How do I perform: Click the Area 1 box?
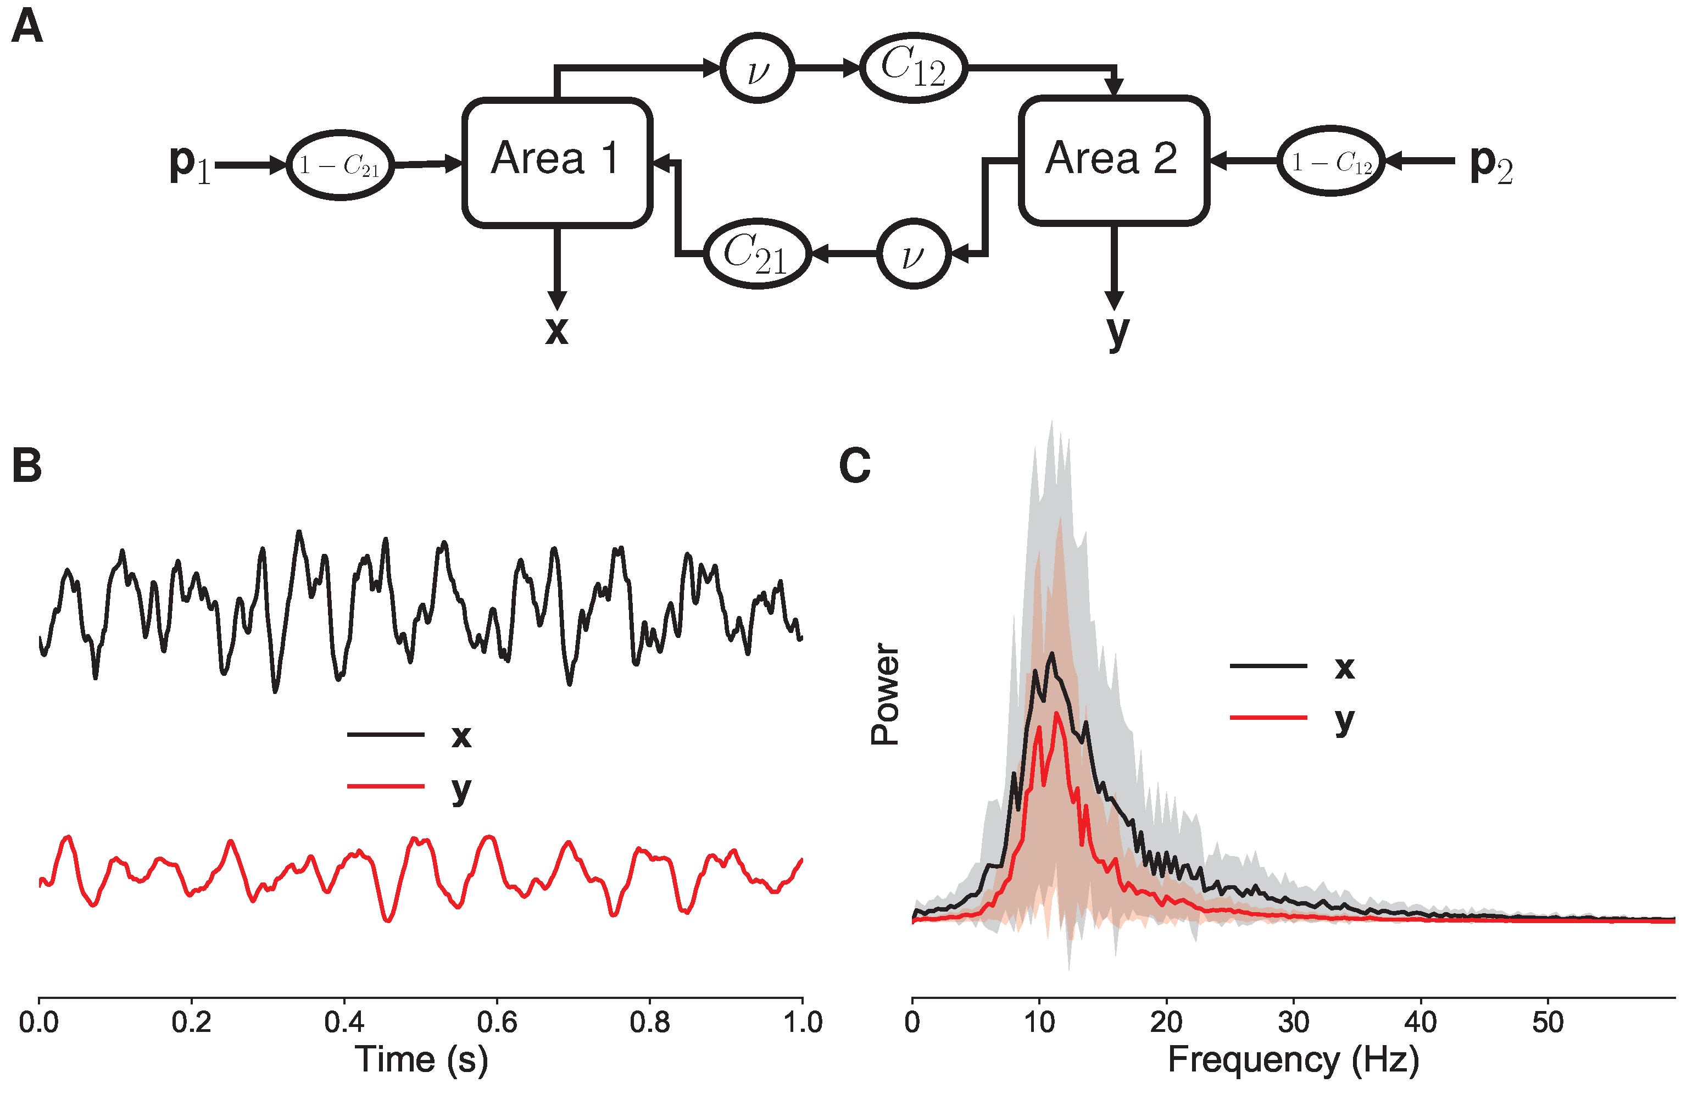(557, 162)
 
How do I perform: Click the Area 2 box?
(1113, 160)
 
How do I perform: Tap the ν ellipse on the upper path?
(757, 68)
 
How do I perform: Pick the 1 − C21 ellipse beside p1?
(340, 165)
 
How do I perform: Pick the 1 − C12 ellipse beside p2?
(1331, 161)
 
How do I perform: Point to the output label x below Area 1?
(557, 330)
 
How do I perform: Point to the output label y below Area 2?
(1117, 332)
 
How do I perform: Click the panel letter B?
(27, 466)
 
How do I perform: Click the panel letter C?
(854, 465)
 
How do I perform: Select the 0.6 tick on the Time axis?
(497, 1021)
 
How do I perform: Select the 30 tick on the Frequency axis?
(1293, 1021)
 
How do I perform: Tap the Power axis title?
(885, 694)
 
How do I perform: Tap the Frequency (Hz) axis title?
(1293, 1060)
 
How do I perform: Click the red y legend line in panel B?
(386, 786)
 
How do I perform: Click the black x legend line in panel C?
(1268, 665)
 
